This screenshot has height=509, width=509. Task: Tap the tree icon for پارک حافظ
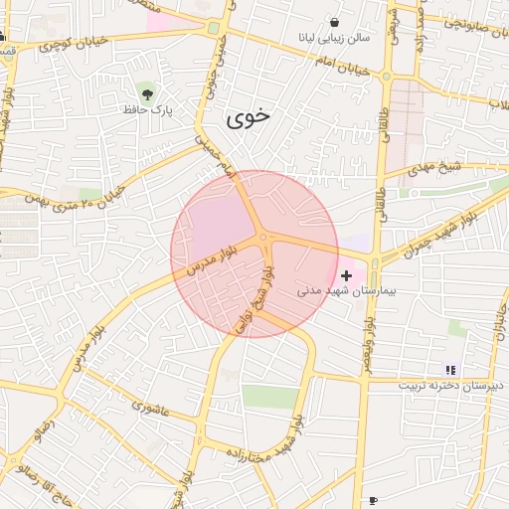[x=148, y=93]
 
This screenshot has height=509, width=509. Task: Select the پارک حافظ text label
[x=148, y=110]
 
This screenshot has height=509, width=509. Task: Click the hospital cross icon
[x=346, y=274]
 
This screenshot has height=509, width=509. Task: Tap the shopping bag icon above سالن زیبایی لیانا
[x=332, y=21]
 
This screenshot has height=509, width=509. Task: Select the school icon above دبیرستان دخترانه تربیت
[x=449, y=369]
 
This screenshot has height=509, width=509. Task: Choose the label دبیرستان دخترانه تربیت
[x=451, y=385]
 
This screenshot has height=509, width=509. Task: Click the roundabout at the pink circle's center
[x=263, y=238]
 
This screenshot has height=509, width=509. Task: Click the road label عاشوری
[x=151, y=407]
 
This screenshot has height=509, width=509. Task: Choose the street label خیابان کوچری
[x=70, y=44]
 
